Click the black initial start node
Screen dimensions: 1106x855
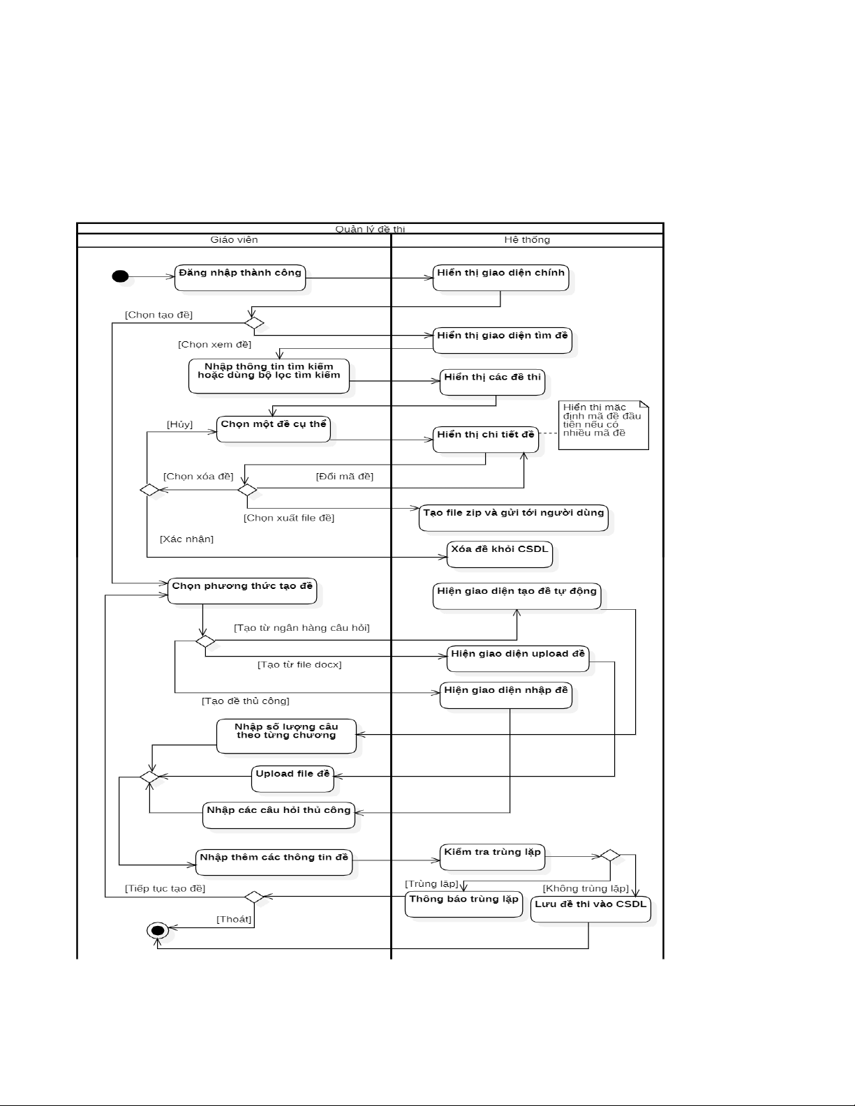(120, 277)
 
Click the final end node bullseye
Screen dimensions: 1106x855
(157, 930)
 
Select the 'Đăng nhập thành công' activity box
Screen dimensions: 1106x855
(240, 277)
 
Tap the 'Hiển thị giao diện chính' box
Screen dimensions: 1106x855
(500, 277)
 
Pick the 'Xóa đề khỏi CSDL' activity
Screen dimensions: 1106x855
(500, 553)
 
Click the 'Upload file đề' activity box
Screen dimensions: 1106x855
(292, 778)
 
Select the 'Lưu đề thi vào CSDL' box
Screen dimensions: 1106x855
(590, 909)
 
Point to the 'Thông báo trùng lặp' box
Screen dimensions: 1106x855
(463, 904)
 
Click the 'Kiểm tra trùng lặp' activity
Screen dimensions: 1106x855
(492, 856)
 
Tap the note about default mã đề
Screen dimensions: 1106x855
(602, 424)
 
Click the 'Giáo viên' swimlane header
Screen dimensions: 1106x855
(234, 240)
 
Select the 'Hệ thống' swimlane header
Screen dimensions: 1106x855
(527, 240)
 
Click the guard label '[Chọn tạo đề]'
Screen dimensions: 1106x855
(158, 315)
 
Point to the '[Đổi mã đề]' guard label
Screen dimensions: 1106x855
(345, 477)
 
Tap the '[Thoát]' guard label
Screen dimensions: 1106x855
(234, 919)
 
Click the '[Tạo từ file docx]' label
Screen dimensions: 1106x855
(299, 664)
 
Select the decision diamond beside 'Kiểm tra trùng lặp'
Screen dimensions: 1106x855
(610, 855)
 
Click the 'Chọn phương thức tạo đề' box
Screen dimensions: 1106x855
(242, 590)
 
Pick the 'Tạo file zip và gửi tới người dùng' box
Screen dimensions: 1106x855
(513, 517)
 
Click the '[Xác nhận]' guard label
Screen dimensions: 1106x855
(186, 539)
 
